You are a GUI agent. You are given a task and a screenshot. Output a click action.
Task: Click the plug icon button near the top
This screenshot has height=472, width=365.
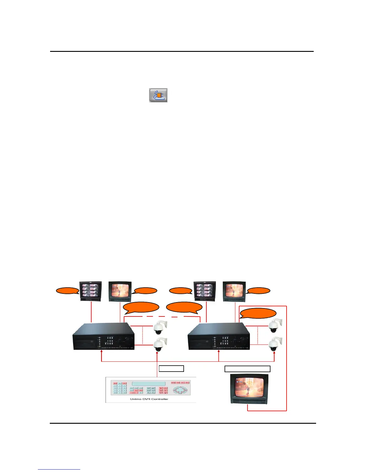[x=158, y=95]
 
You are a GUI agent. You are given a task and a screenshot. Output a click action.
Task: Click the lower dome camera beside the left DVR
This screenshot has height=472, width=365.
[x=160, y=345]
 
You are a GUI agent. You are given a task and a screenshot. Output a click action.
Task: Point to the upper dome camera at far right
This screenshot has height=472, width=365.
[x=274, y=326]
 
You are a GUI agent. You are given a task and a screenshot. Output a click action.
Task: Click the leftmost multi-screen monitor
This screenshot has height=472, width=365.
[x=90, y=291]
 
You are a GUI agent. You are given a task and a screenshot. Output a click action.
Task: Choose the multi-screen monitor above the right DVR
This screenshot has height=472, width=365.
[x=205, y=291]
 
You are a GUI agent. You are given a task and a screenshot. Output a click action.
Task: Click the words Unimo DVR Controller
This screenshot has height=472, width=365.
[x=149, y=399]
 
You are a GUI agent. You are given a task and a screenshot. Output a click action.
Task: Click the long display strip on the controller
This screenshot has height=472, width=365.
[x=149, y=383]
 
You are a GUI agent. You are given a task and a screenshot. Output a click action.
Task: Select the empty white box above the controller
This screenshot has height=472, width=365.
[x=171, y=369]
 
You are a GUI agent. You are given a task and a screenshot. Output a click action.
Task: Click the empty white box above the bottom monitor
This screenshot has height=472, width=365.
[x=247, y=369]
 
